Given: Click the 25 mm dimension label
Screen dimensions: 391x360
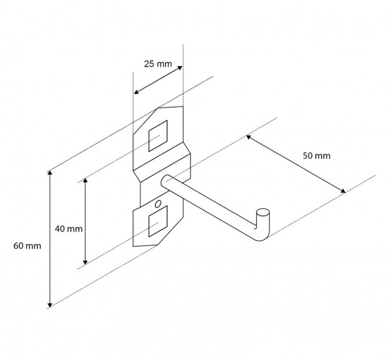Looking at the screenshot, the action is pos(158,64).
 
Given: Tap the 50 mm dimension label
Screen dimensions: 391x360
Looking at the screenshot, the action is pos(317,155).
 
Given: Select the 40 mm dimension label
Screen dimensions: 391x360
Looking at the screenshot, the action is pos(68,229).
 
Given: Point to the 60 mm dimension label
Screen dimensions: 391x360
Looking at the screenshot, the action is pos(27,246).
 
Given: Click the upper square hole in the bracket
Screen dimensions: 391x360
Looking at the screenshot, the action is pos(158,136).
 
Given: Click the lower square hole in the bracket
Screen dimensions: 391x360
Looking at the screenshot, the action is pos(158,221).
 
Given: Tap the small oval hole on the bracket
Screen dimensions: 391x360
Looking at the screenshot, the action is pos(158,204).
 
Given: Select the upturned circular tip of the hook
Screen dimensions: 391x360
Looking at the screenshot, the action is pos(263,213).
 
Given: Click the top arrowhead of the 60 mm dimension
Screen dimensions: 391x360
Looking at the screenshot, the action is pos(50,172).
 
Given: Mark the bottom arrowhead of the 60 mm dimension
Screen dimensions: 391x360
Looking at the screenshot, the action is pos(50,305).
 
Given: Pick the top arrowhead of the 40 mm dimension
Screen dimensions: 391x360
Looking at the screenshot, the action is pos(85,180).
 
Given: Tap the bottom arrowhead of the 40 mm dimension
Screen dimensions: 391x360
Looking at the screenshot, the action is pos(85,262).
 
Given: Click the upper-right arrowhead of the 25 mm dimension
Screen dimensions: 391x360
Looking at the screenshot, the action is pos(180,68).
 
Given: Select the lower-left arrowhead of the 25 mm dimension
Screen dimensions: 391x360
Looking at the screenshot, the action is pos(136,92).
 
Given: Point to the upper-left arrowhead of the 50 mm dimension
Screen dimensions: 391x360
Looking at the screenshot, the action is pos(248,137).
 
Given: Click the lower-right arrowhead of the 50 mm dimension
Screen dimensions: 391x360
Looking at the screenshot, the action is pos(343,191).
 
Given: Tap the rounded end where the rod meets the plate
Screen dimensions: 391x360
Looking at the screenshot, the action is pos(165,181).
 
